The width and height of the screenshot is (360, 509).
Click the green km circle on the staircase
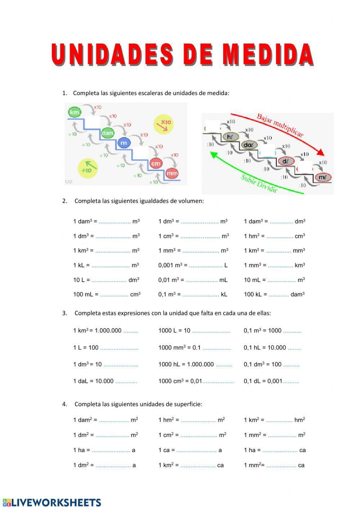pyautogui.click(x=74, y=112)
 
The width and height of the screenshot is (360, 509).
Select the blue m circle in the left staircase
pyautogui.click(x=124, y=143)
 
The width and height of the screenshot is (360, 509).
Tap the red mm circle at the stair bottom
pyautogui.click(x=172, y=173)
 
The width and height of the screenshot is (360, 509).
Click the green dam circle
pyautogui.click(x=107, y=133)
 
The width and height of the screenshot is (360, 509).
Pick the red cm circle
pyautogui.click(x=156, y=164)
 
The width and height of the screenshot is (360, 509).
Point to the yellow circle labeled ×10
pyautogui.click(x=163, y=124)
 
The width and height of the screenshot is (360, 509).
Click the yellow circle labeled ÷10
pyautogui.click(x=88, y=168)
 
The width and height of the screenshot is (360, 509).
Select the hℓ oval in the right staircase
pyautogui.click(x=230, y=137)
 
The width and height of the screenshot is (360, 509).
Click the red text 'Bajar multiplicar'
pyautogui.click(x=280, y=125)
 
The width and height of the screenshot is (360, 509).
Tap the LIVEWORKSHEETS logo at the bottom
pyautogui.click(x=52, y=503)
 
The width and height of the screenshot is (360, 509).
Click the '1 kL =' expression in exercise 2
pyautogui.click(x=81, y=265)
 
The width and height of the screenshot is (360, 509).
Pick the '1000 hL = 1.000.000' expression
pyautogui.click(x=186, y=364)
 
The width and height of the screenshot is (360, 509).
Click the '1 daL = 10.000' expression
pyautogui.click(x=93, y=381)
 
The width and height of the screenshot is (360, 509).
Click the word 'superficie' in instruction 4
pyautogui.click(x=188, y=404)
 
